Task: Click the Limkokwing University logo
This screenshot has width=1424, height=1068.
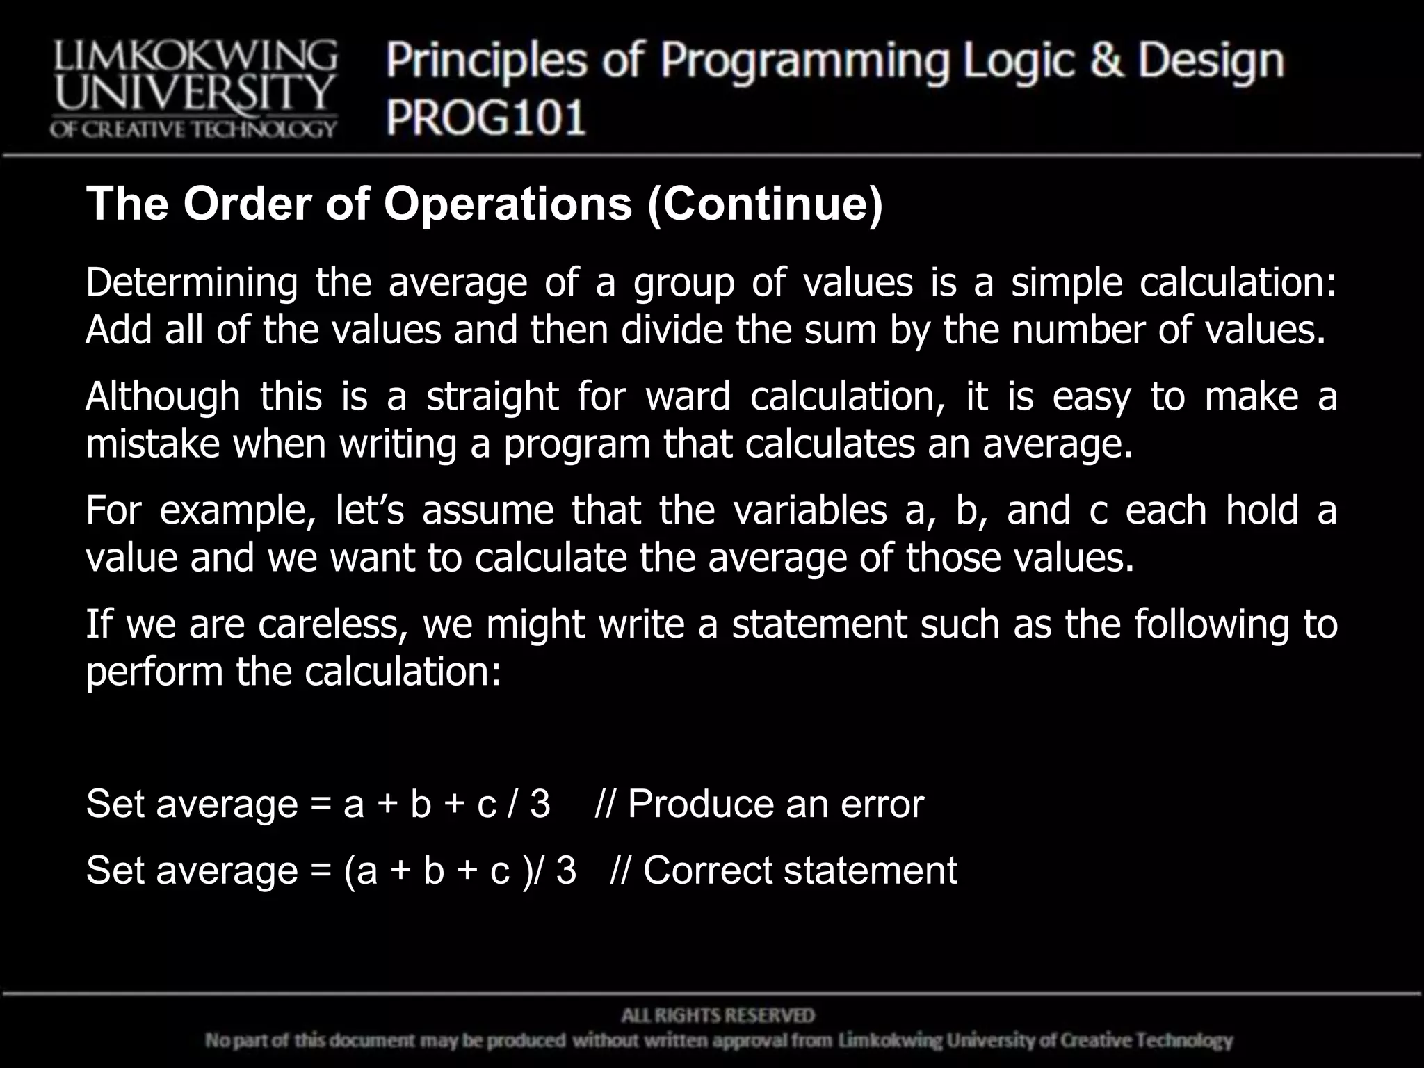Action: (193, 88)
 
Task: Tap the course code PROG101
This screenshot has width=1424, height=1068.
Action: (486, 117)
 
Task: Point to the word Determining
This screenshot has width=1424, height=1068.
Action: (192, 283)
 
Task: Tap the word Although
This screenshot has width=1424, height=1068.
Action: (163, 396)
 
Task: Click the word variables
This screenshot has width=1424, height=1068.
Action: (810, 510)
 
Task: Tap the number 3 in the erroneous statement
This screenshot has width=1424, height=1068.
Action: (540, 804)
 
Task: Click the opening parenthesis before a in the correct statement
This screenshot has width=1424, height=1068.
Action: (349, 871)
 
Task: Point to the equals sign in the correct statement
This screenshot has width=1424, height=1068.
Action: (321, 871)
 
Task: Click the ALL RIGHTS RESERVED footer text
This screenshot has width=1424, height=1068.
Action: (718, 1016)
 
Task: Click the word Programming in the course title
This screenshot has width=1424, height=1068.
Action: (804, 61)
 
